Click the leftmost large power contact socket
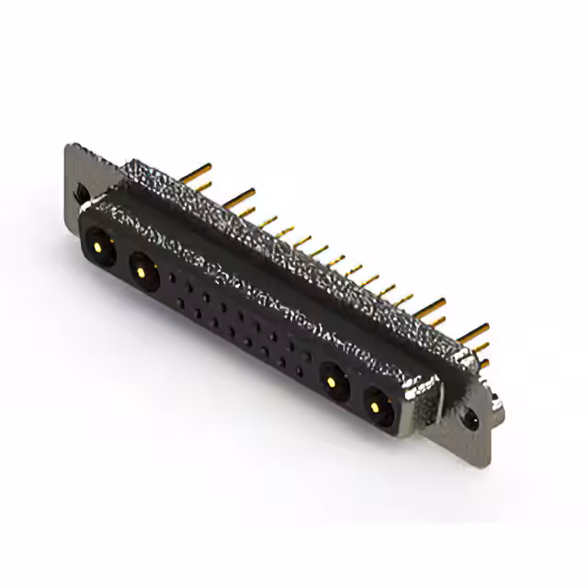coord(98,246)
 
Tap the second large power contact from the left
coord(141,270)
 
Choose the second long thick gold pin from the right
coord(432,305)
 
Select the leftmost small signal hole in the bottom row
coord(181,300)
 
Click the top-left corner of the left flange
coord(70,147)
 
